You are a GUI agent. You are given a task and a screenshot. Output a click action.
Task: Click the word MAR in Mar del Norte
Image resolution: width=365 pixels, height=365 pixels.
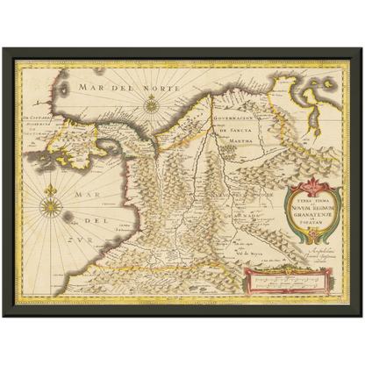(x=89, y=87)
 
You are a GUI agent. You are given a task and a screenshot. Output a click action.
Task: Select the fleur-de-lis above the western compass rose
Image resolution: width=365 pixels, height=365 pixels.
(x=51, y=190)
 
